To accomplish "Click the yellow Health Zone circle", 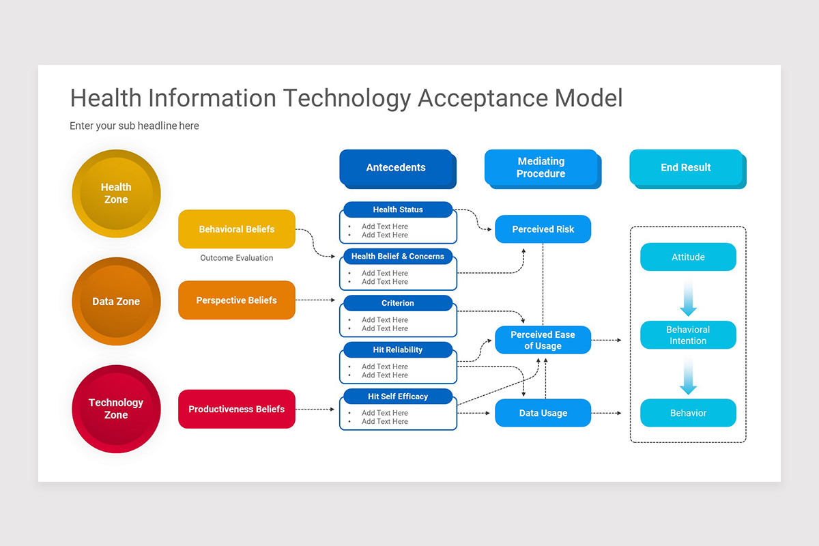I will pos(116,193).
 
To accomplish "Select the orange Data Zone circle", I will pos(116,301).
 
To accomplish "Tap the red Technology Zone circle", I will pos(116,408).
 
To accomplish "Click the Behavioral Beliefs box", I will pos(236,229).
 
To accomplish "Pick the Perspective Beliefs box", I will pos(236,300).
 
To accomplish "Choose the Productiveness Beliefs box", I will pos(236,409).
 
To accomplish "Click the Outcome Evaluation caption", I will pos(236,258).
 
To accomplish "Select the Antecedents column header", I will pos(396,168).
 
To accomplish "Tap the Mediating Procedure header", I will pos(541,168).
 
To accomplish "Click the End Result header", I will pos(685,168).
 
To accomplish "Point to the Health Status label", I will pos(398,210).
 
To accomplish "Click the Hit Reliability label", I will pos(398,349).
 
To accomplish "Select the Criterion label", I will pos(398,303).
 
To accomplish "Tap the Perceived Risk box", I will pos(543,229).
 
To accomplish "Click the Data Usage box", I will pos(543,413).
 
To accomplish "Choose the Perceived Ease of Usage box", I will pos(543,340).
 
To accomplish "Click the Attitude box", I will pos(688,257).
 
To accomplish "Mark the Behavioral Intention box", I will pos(688,335).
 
